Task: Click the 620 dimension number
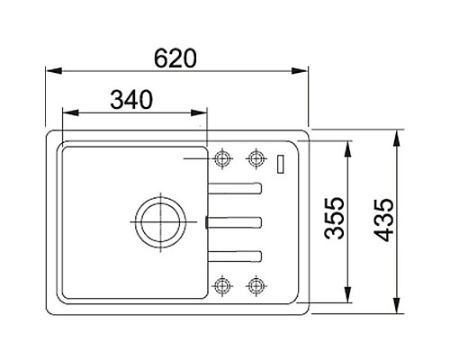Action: (x=175, y=58)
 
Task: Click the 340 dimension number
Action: (x=131, y=100)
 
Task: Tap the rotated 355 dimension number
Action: (x=335, y=218)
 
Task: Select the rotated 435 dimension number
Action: (x=383, y=220)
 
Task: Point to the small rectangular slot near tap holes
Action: (x=281, y=164)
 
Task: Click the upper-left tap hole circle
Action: (x=222, y=152)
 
